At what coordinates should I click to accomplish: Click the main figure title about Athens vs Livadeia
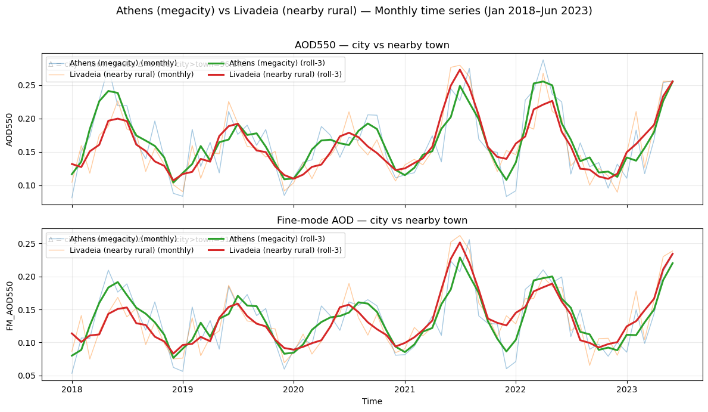pyautogui.click(x=354, y=11)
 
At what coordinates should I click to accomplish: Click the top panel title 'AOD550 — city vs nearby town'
pyautogui.click(x=372, y=45)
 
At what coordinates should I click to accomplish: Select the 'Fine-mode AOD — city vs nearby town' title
pyautogui.click(x=372, y=221)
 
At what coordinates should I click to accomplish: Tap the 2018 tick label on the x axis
pyautogui.click(x=72, y=389)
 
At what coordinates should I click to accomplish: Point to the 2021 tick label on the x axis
pyautogui.click(x=405, y=389)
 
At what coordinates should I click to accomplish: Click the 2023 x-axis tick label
pyautogui.click(x=626, y=389)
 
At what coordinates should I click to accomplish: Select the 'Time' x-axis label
pyautogui.click(x=372, y=401)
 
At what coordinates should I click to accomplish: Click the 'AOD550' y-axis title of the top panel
pyautogui.click(x=10, y=128)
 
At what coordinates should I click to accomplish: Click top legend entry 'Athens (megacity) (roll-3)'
pyautogui.click(x=269, y=63)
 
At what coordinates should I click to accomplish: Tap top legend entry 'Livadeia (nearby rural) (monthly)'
pyautogui.click(x=131, y=75)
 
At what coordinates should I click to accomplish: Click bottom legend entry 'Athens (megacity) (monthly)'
pyautogui.click(x=123, y=239)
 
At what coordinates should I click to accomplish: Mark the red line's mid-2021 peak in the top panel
pyautogui.click(x=460, y=70)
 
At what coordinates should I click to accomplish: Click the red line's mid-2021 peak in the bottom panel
pyautogui.click(x=460, y=242)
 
